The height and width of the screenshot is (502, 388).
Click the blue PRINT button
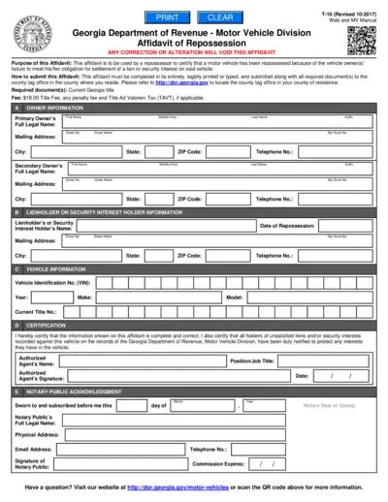[167, 17]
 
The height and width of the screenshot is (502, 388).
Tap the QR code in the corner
[360, 40]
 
